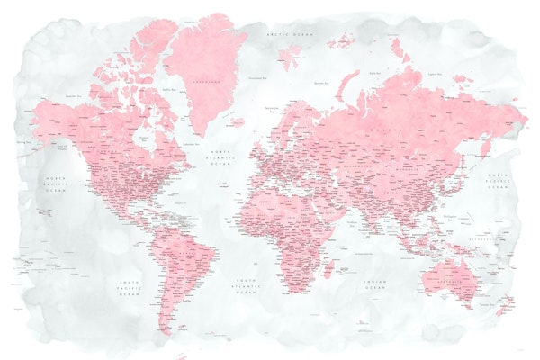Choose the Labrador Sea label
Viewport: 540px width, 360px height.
click(191, 144)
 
